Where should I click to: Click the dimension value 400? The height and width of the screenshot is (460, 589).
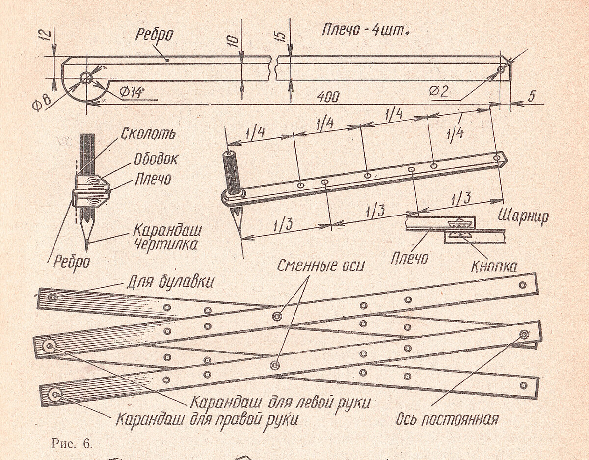[x=327, y=97]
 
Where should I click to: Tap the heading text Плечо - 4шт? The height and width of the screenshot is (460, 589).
[x=366, y=30]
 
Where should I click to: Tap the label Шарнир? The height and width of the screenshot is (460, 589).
[x=523, y=217]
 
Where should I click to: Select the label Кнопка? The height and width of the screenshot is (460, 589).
[x=494, y=267]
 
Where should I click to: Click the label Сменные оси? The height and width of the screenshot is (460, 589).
[x=321, y=266]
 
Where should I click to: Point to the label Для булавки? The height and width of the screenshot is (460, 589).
[x=170, y=283]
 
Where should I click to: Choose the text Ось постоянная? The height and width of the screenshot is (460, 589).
[x=447, y=420]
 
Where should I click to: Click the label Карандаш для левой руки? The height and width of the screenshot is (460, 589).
[x=279, y=403]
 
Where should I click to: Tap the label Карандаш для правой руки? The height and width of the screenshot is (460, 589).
[x=207, y=420]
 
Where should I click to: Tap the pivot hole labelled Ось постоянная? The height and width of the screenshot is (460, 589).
[x=524, y=335]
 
